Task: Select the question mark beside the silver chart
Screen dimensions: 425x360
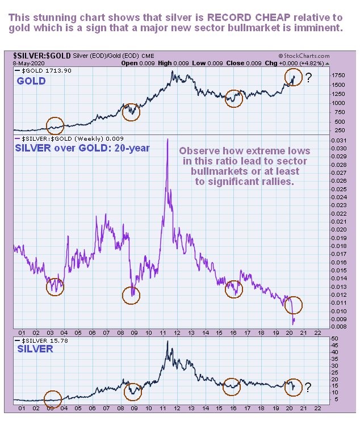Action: (308, 388)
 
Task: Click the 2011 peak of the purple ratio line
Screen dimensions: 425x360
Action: (167, 140)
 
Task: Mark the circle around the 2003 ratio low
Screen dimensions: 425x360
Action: (55, 287)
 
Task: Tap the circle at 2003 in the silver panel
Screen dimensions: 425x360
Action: (52, 398)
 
